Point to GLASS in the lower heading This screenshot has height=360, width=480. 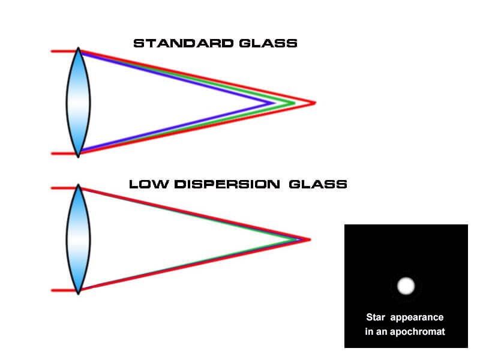click(318, 184)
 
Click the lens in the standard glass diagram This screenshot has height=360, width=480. click(78, 103)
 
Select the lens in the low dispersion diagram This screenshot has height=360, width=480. click(79, 239)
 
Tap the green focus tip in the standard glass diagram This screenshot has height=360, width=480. click(293, 103)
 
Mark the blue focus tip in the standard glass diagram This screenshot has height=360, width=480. click(272, 103)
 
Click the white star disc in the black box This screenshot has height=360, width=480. click(406, 286)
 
